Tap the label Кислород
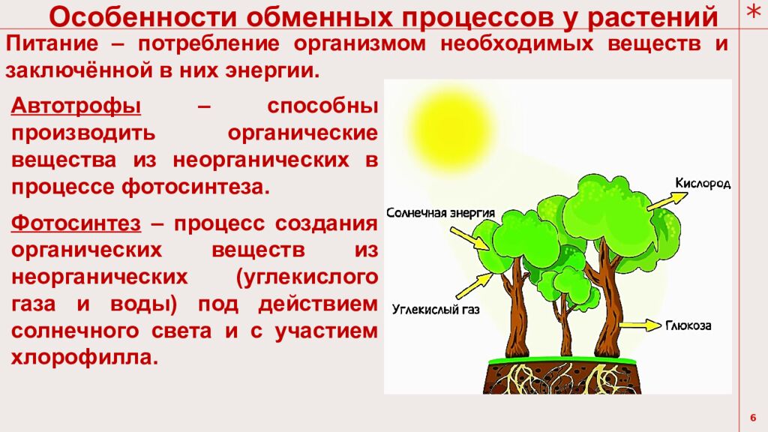click(x=702, y=183)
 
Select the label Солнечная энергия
click(x=440, y=212)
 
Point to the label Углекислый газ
click(x=436, y=308)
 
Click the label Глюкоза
click(x=688, y=326)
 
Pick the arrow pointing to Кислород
click(x=667, y=200)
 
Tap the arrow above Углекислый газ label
click(x=472, y=286)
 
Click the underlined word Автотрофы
click(x=76, y=106)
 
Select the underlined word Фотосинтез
click(x=76, y=223)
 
